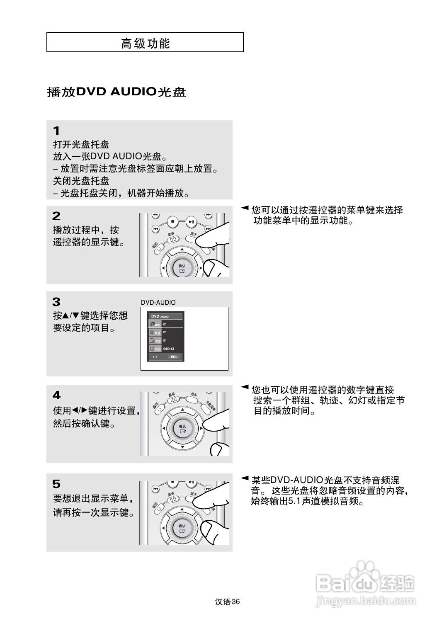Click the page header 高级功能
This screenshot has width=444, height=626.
point(145,43)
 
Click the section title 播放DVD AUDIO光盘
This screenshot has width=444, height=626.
point(116,92)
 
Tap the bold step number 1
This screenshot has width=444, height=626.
point(56,131)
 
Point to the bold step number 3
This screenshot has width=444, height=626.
point(56,302)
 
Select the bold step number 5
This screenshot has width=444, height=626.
point(56,484)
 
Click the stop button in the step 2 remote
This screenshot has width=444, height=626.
point(173,222)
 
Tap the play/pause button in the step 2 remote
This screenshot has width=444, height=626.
point(191,222)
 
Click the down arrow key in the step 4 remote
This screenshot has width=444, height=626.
point(182,447)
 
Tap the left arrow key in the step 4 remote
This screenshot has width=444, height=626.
point(164,428)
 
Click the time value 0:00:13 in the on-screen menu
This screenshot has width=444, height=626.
point(169,349)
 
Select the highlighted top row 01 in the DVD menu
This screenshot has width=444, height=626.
point(166,324)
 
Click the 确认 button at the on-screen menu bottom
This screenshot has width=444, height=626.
point(174,357)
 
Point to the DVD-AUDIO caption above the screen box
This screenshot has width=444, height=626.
point(158,303)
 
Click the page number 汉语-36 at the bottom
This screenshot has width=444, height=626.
point(228,602)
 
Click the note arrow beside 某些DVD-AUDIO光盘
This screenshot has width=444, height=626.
point(245,478)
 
